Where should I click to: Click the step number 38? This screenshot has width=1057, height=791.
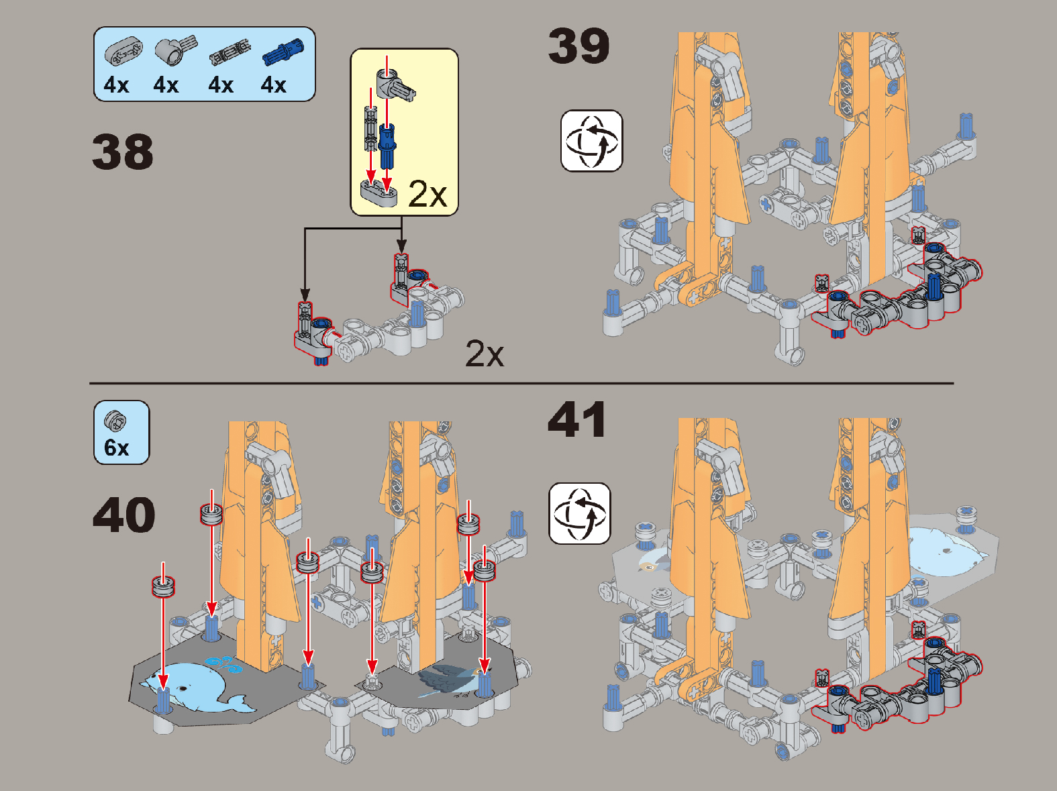122,152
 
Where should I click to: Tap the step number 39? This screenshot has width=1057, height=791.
578,46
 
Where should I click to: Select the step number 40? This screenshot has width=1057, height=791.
123,515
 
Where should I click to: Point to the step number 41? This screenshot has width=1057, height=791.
577,419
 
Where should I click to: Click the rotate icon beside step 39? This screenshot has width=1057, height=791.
591,141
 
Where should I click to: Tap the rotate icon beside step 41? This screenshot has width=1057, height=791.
579,513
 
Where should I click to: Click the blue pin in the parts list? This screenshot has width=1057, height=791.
283,52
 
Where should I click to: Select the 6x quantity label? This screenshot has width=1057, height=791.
117,447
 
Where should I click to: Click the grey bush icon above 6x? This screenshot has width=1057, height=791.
115,421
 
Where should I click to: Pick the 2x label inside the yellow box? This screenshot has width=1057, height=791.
427,195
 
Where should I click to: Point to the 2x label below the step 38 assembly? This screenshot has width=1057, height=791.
485,354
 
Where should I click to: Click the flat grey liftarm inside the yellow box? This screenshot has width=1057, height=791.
379,193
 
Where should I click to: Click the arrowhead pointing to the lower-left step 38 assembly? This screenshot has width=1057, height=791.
305,294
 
